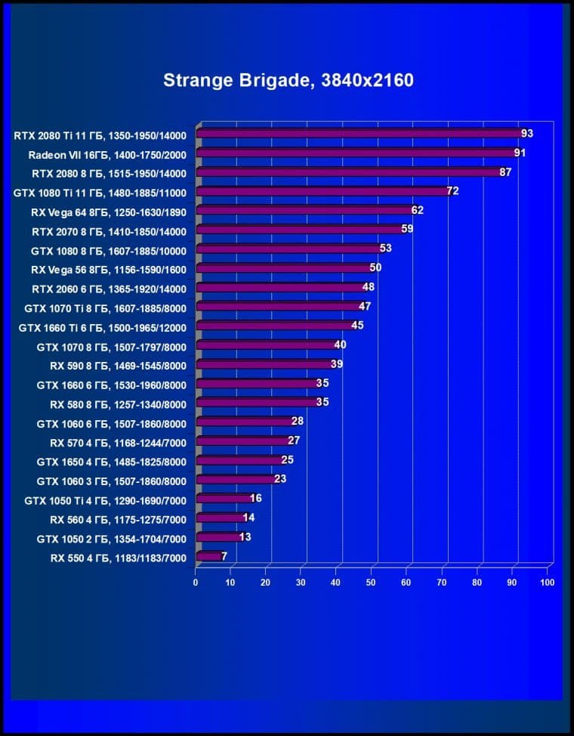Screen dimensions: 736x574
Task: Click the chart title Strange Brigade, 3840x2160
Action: coord(289,80)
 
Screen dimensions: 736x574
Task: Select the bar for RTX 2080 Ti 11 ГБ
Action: coord(359,135)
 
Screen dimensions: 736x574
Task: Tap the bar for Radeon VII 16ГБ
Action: coord(355,153)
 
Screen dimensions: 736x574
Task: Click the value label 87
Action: coord(505,172)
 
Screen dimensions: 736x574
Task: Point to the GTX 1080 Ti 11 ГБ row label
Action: coord(100,192)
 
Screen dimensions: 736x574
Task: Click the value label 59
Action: coord(407,229)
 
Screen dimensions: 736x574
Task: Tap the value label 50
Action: coord(375,267)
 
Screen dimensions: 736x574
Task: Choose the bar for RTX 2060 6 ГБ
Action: coord(280,288)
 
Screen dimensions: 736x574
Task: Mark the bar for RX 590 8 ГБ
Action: coord(264,365)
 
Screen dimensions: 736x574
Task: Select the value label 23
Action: coord(280,479)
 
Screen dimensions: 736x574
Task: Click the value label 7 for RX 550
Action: coord(224,556)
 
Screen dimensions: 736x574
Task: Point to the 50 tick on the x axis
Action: coord(372,583)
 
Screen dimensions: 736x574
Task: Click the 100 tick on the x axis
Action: coord(548,583)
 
